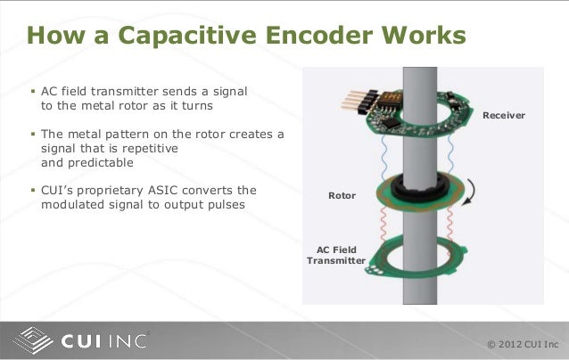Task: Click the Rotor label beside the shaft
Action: (x=342, y=193)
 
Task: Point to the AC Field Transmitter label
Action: (x=336, y=256)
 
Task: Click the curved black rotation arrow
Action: (x=469, y=188)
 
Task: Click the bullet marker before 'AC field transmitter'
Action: (x=32, y=93)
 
